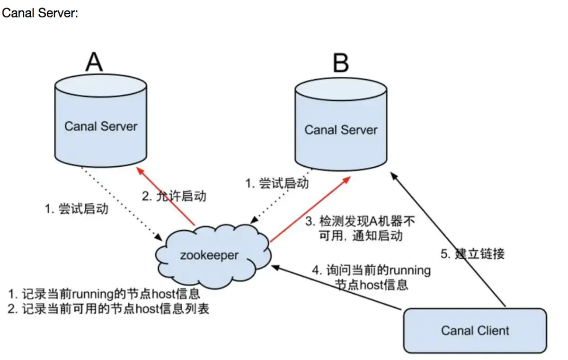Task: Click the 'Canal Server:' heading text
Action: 40,13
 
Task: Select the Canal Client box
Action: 475,330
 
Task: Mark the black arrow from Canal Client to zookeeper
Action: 336,289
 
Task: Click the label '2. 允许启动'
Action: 175,196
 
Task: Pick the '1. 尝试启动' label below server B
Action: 277,183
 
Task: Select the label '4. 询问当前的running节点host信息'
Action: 372,278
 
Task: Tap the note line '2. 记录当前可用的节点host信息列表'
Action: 108,309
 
